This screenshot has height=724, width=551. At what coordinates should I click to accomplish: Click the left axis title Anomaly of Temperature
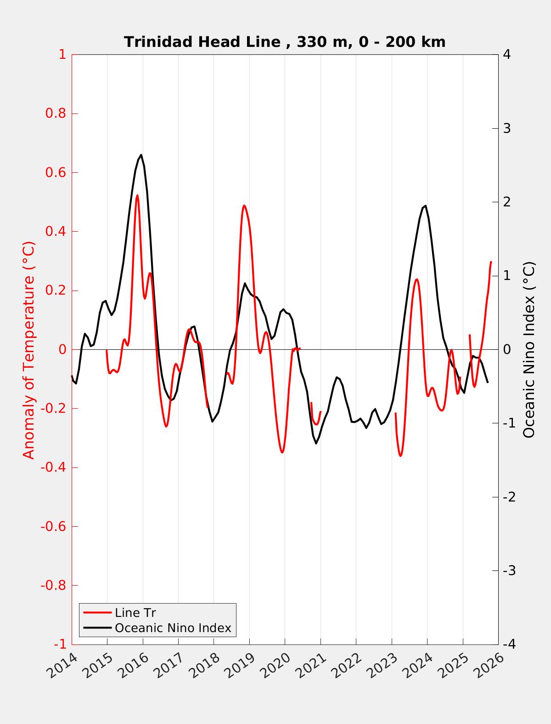tap(28, 350)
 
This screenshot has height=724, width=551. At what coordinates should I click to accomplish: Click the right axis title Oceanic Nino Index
tap(529, 350)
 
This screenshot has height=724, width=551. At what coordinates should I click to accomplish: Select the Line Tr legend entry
tap(135, 613)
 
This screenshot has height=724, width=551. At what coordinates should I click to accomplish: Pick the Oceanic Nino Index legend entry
tap(173, 627)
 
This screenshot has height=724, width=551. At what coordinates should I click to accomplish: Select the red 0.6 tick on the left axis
tap(55, 173)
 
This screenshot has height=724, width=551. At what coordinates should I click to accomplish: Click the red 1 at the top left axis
tap(62, 55)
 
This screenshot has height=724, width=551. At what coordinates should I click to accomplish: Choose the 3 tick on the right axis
tap(507, 128)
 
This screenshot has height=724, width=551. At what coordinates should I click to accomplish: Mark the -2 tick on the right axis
tap(509, 497)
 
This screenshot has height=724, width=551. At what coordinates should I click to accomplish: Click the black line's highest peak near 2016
tap(141, 155)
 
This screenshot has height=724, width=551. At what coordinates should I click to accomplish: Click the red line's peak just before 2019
tap(244, 205)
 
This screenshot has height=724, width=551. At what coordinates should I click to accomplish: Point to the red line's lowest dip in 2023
tap(400, 456)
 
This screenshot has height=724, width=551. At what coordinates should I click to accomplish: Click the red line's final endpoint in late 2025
tap(491, 262)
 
